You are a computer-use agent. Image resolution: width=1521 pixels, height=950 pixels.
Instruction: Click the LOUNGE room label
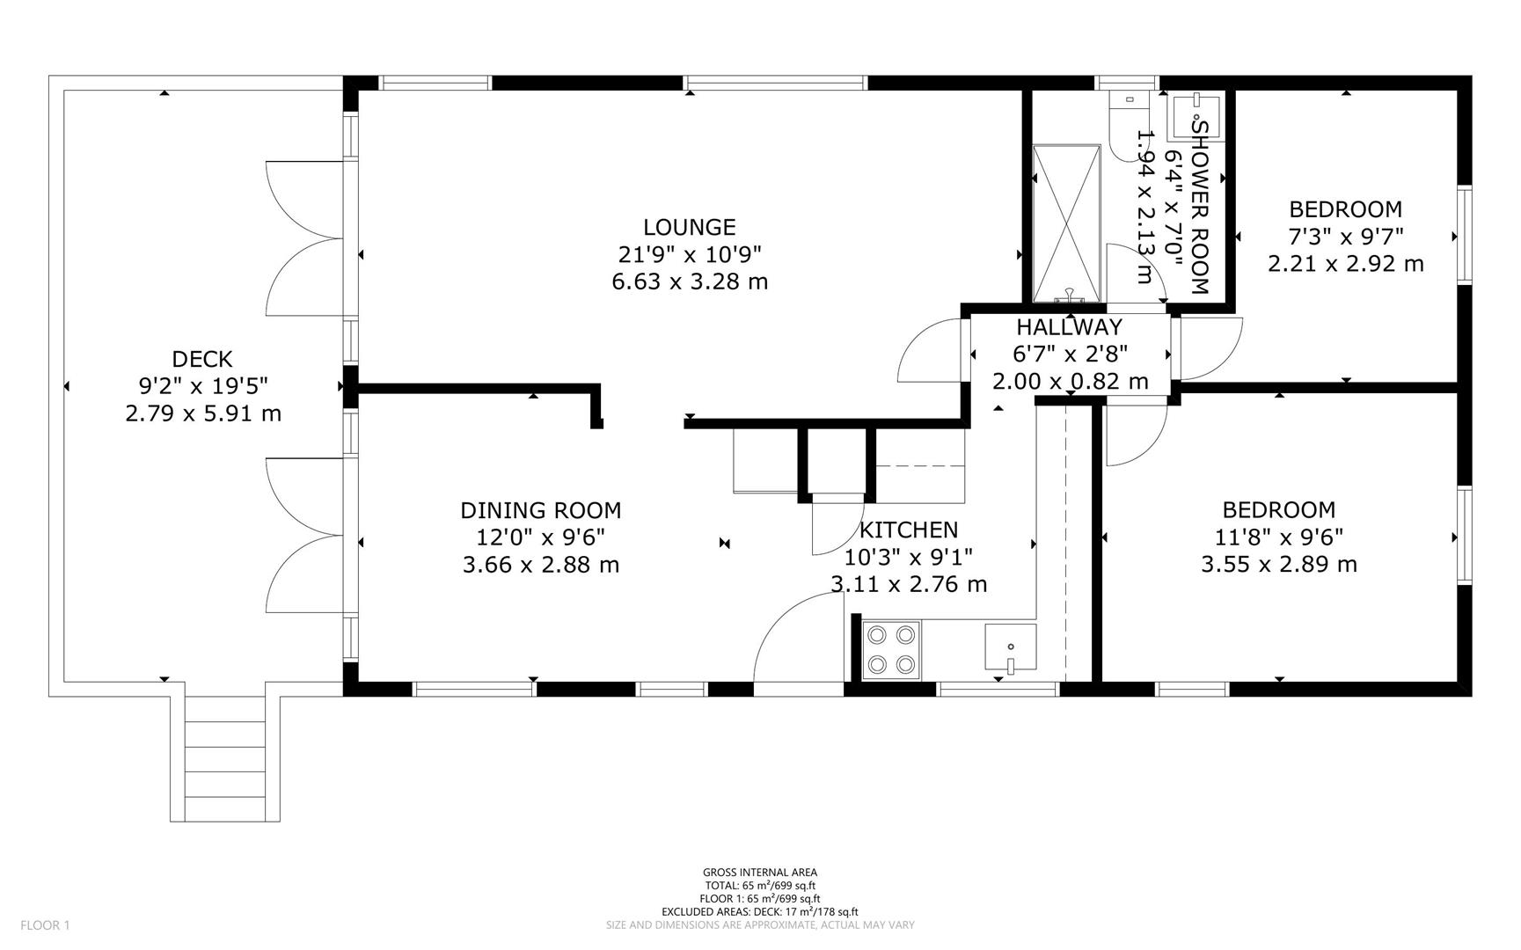(x=689, y=227)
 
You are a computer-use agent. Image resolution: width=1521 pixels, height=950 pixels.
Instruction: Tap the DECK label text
(x=202, y=359)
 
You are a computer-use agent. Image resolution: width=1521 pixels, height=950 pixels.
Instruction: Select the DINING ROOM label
(x=541, y=510)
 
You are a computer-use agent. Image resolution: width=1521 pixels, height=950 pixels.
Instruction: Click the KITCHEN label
(x=909, y=530)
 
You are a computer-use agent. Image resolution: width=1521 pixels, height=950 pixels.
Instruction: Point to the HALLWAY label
(x=1070, y=327)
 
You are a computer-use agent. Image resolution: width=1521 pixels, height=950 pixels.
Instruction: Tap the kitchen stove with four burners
(x=891, y=650)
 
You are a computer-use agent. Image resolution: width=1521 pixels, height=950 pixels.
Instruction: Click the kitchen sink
(x=1010, y=651)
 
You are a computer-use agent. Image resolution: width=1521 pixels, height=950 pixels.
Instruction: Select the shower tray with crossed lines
(x=1066, y=223)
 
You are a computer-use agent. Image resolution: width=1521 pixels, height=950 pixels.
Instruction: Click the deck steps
(x=225, y=758)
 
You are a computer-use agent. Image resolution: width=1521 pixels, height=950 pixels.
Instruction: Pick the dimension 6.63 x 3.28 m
(x=690, y=281)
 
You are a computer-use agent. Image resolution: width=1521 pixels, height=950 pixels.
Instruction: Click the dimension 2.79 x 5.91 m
(x=203, y=413)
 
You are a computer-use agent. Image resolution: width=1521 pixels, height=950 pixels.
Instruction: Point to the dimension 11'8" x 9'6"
(x=1279, y=537)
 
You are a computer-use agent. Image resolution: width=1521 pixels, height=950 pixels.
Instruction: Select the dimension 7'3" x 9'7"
(x=1346, y=237)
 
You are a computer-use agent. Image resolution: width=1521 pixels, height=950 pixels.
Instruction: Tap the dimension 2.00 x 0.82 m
(x=1071, y=381)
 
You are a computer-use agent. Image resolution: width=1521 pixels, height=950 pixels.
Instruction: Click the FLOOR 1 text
(x=45, y=925)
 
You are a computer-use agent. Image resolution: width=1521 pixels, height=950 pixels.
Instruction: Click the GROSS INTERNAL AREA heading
(x=760, y=873)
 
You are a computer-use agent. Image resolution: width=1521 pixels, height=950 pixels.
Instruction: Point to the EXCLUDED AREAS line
(x=760, y=912)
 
